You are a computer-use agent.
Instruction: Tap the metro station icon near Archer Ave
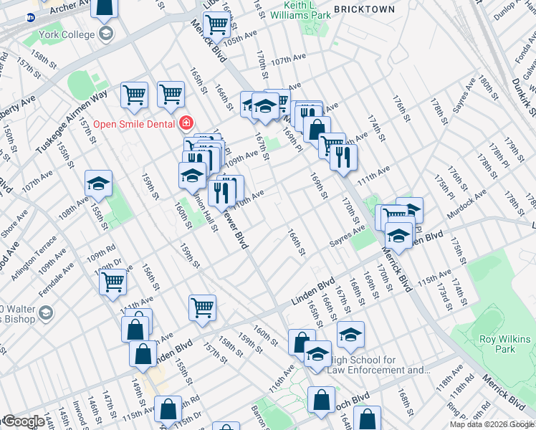point(32,18)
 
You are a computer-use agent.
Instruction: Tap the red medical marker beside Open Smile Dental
point(186,123)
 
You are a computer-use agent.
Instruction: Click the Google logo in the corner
point(22,422)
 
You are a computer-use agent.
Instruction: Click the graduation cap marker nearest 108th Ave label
point(98,183)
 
